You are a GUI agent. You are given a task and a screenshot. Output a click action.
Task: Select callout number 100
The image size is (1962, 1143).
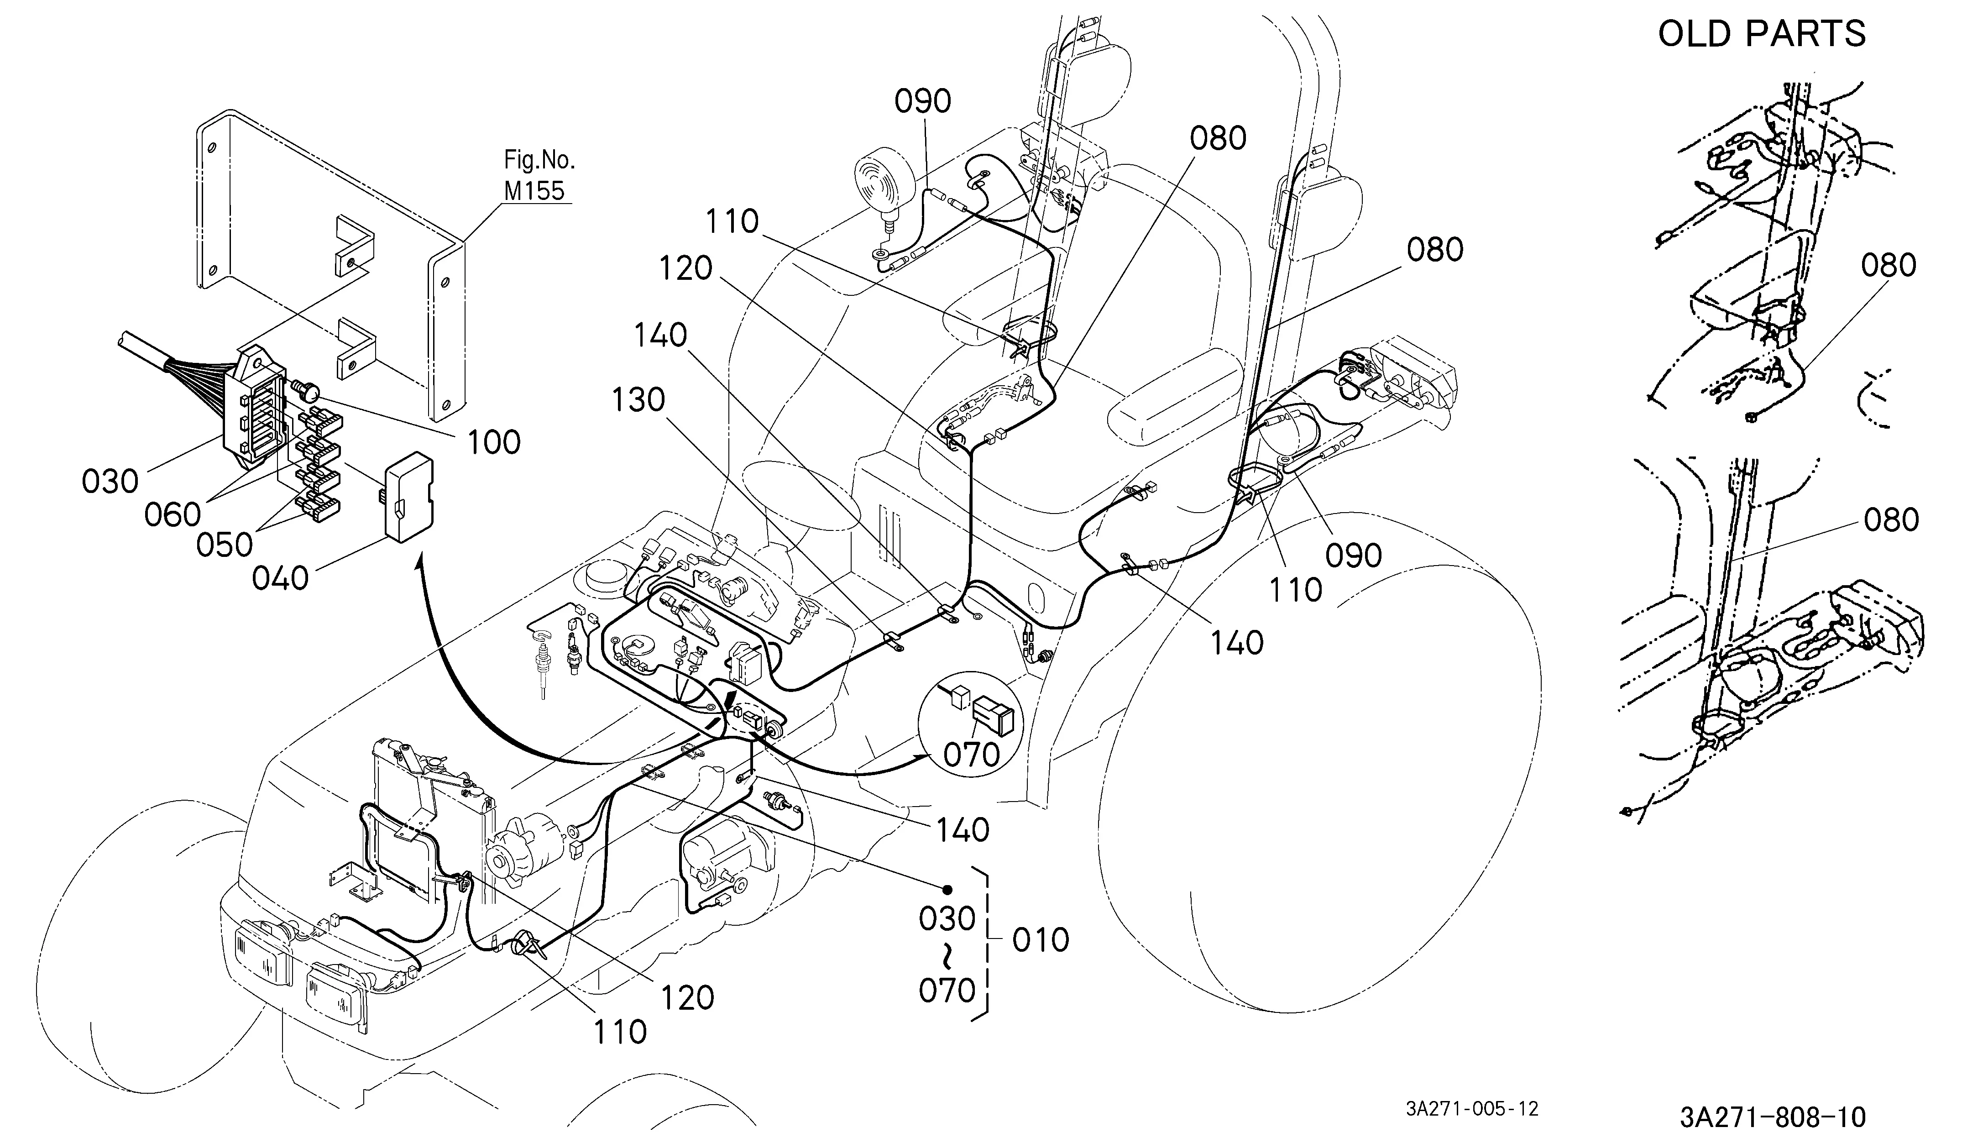pyautogui.click(x=494, y=442)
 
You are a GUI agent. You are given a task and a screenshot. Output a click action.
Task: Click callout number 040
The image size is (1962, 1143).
pyautogui.click(x=280, y=578)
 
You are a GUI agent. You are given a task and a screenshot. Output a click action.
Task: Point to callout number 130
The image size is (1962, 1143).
pyautogui.click(x=638, y=400)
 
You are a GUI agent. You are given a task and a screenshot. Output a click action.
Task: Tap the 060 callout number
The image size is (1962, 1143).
pyautogui.click(x=173, y=514)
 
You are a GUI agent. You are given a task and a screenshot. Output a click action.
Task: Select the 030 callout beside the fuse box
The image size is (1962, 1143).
pyautogui.click(x=110, y=481)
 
